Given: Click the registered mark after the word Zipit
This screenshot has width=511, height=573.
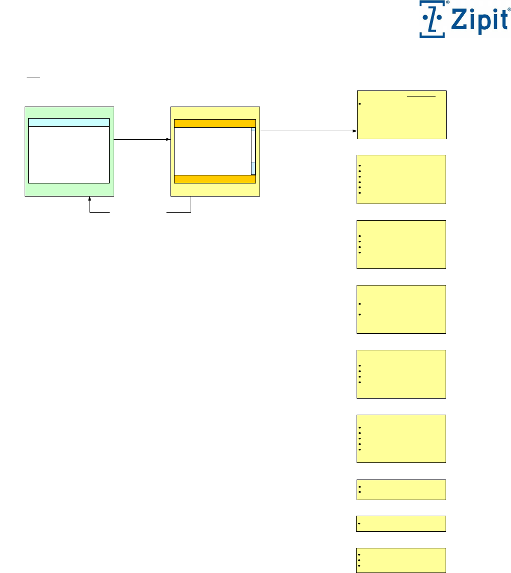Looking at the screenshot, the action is point(509,16).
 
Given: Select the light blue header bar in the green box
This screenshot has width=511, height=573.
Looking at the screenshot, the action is point(69,122).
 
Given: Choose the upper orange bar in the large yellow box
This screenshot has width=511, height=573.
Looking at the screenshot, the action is point(215,124).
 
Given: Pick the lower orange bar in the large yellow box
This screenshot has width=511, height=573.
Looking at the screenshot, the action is point(215,179).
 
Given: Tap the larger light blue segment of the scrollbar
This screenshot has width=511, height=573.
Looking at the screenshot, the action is point(253,168).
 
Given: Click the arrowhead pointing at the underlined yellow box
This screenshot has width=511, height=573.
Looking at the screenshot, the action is point(354,132).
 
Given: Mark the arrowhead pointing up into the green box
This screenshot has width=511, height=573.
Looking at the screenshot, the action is point(90,199).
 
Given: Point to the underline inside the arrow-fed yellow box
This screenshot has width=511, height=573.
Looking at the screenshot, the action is point(421,95).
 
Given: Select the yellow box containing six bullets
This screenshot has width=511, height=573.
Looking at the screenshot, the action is point(401,179).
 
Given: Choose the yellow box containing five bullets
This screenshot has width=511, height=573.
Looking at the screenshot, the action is point(401,438).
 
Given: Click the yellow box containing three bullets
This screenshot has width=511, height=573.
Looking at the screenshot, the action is point(401,560).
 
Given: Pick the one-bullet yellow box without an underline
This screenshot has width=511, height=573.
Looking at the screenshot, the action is point(401,523).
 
